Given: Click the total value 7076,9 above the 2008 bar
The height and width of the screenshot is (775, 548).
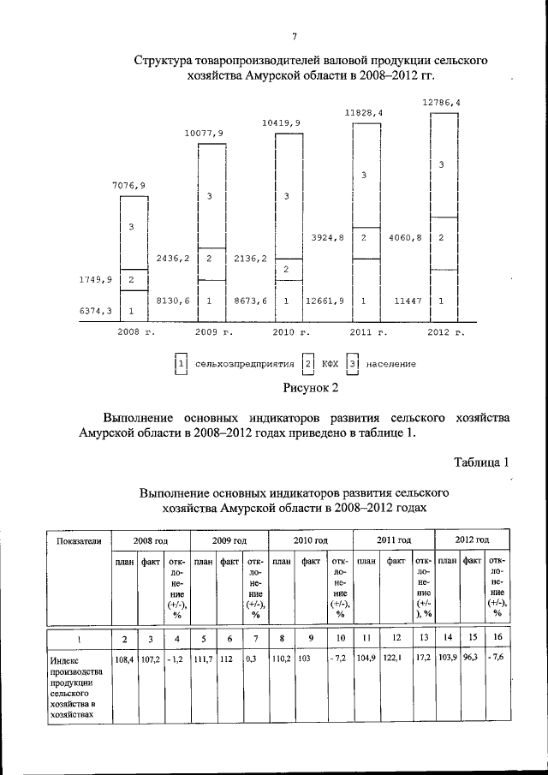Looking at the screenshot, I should tap(128, 184).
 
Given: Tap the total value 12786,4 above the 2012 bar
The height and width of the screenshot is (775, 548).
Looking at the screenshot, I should tap(440, 103).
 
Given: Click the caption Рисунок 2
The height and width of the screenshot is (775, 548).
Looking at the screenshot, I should tap(311, 389).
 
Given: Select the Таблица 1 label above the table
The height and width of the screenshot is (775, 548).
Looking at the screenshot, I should tap(482, 462).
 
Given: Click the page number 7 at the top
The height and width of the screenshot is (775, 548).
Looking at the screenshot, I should tap(294, 36).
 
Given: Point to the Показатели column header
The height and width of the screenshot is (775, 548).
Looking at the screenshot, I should tap(79, 540).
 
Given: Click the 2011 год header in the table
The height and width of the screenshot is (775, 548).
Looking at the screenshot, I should tap(395, 540).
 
